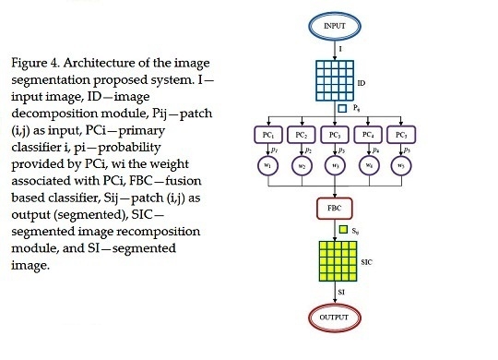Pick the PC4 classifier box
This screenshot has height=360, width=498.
pos(366,134)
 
